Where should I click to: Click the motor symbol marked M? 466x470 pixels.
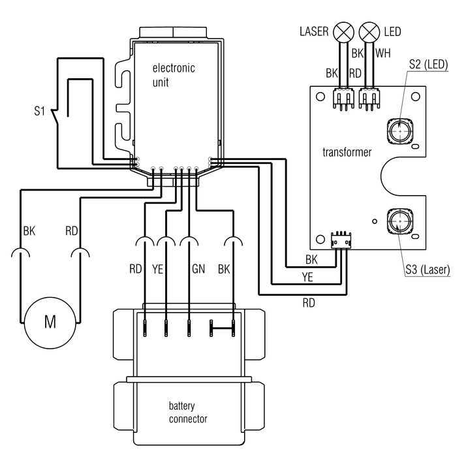pyautogui.click(x=50, y=322)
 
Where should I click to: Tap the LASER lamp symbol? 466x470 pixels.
pyautogui.click(x=343, y=33)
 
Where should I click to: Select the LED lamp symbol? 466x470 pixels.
pyautogui.click(x=369, y=33)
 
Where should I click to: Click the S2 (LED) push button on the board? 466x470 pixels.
pyautogui.click(x=400, y=131)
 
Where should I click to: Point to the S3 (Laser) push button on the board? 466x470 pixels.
pyautogui.click(x=400, y=221)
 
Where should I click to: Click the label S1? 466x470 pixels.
pyautogui.click(x=39, y=111)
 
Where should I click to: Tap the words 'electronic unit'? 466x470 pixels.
pyautogui.click(x=174, y=75)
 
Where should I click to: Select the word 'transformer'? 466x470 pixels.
pyautogui.click(x=347, y=152)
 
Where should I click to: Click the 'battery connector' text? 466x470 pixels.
pyautogui.click(x=188, y=413)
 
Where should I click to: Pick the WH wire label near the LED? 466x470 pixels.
pyautogui.click(x=383, y=54)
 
